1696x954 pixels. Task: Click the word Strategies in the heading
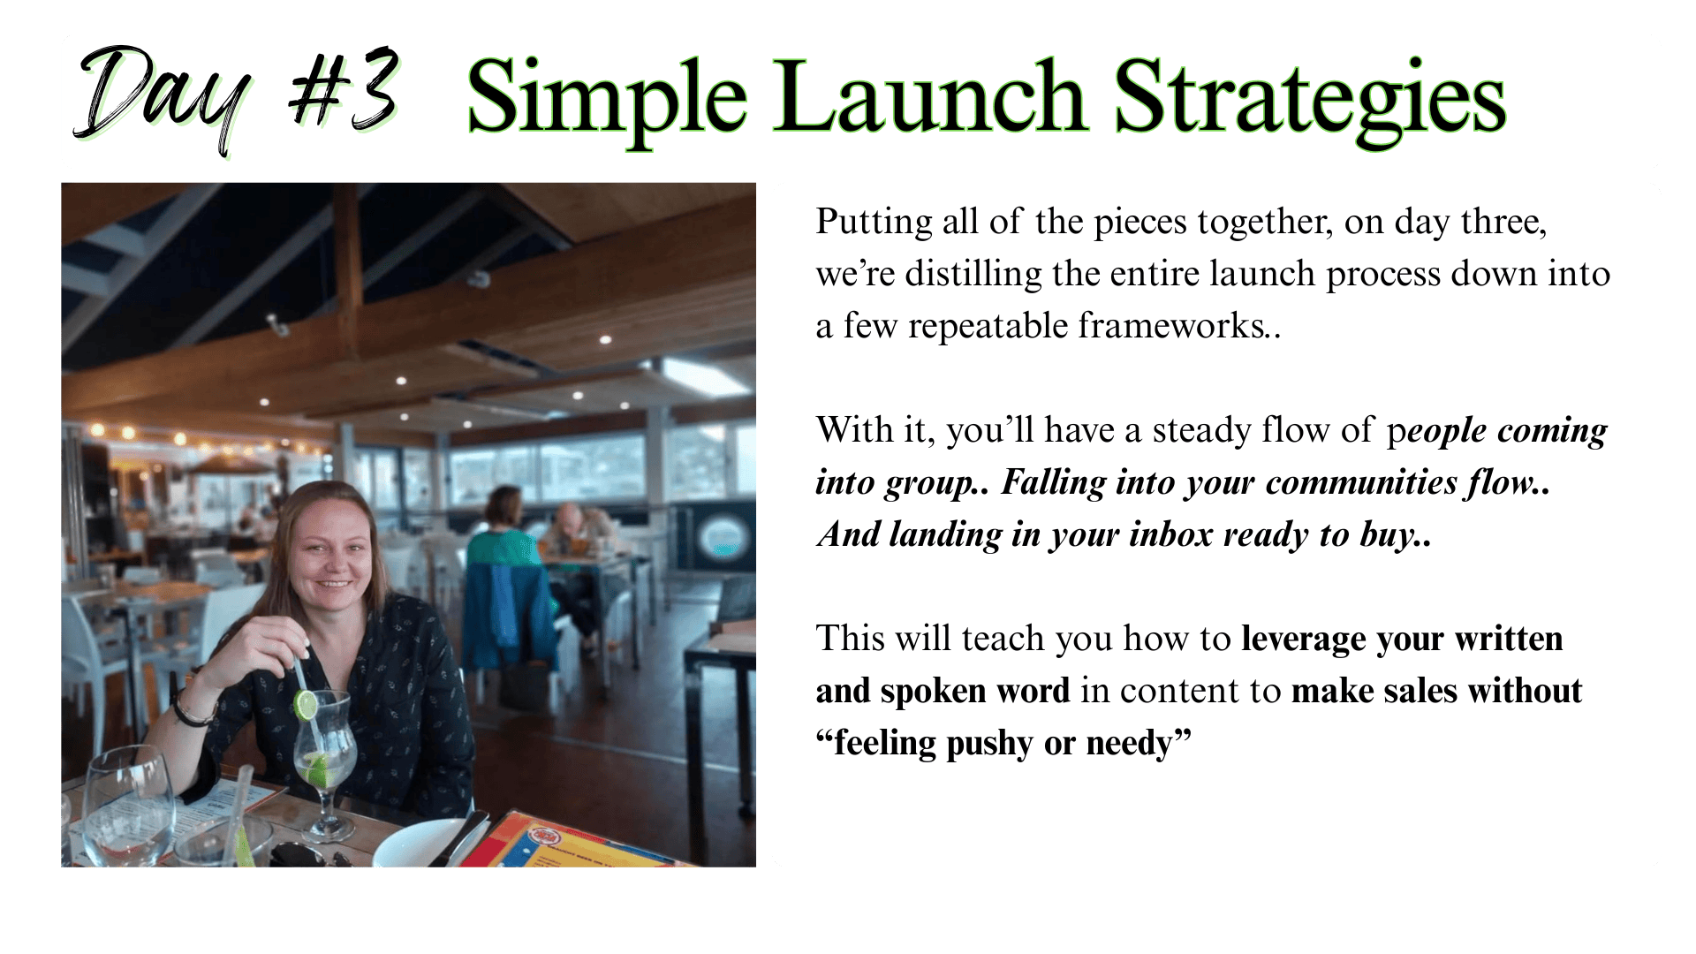[1310, 102]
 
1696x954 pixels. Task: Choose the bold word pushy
[989, 745]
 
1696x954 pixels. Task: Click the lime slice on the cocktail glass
[307, 704]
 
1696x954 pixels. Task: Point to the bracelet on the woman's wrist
[192, 708]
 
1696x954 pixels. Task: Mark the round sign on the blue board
[722, 538]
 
